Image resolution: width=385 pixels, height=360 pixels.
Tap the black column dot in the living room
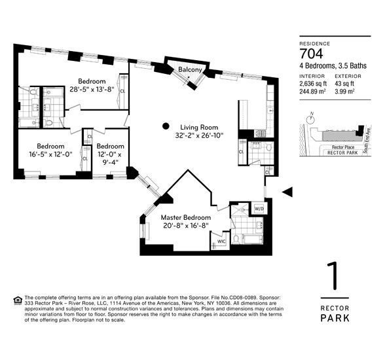pyautogui.click(x=166, y=126)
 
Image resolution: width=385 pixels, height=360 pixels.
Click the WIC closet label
pyautogui.click(x=221, y=241)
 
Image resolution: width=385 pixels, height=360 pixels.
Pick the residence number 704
pyautogui.click(x=312, y=53)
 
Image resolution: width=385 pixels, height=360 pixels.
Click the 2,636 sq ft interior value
pyautogui.click(x=315, y=83)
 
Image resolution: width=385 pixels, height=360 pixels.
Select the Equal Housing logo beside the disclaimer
pyautogui.click(x=17, y=300)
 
